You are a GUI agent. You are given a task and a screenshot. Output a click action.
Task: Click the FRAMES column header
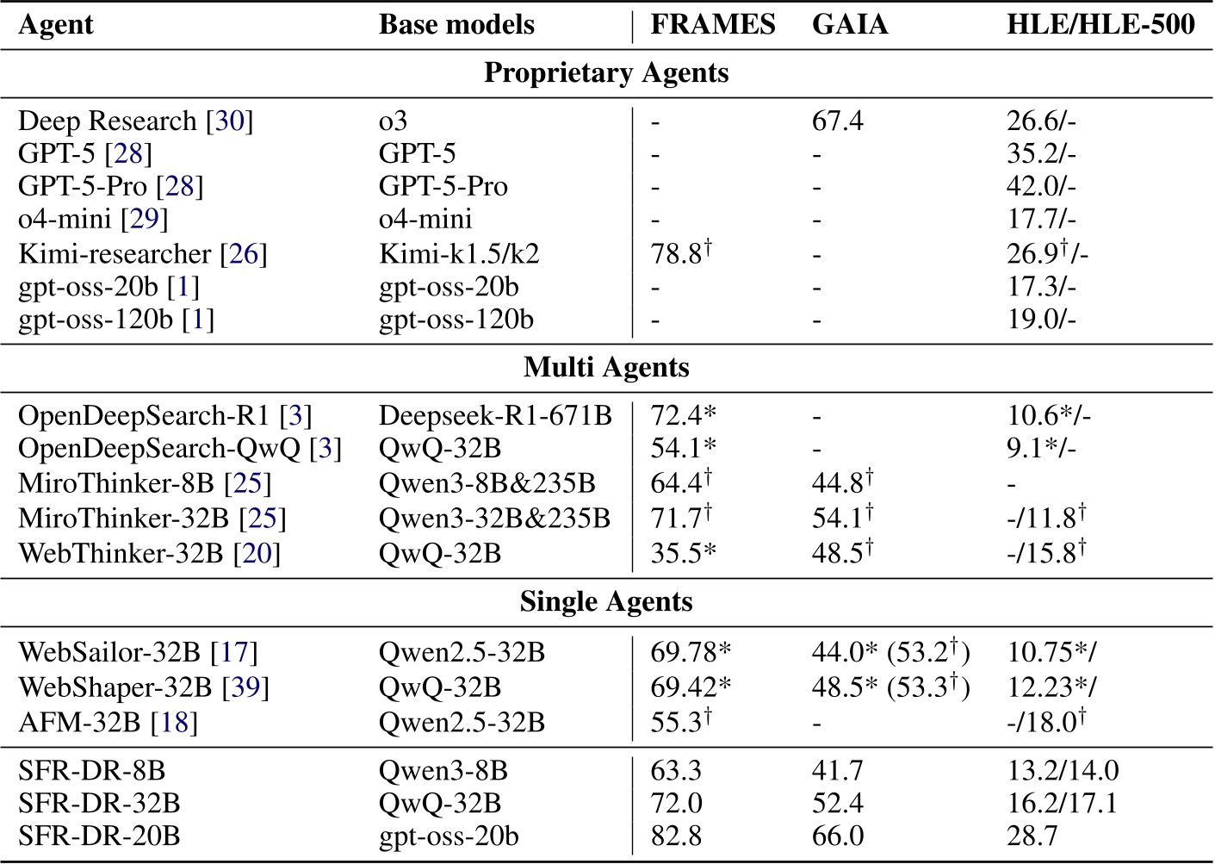(712, 25)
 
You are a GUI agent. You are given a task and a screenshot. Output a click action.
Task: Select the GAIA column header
(849, 25)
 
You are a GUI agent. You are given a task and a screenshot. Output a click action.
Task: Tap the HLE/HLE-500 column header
(1100, 25)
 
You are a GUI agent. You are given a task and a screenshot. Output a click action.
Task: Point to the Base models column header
(456, 25)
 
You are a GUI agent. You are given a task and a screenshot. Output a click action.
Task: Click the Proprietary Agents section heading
(606, 73)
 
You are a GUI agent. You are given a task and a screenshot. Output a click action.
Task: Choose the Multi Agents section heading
(606, 368)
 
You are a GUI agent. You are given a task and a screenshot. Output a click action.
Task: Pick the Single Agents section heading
(606, 601)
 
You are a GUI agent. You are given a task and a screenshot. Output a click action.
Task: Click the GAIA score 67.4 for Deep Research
(837, 121)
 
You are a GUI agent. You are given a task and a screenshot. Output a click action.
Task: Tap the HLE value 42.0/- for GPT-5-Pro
(1041, 187)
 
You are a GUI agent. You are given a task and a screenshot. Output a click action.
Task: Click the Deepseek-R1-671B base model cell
(495, 416)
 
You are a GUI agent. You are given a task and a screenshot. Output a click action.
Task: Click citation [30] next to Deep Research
(229, 121)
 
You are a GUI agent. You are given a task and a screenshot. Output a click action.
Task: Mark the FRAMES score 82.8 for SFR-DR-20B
(676, 836)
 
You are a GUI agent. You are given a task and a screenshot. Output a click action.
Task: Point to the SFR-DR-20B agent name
(99, 836)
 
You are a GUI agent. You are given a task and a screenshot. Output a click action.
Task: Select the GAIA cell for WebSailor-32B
(890, 652)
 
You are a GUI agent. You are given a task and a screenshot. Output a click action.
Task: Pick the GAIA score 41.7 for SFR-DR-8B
(837, 770)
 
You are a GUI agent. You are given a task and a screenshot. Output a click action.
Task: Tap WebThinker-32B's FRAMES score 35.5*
(683, 553)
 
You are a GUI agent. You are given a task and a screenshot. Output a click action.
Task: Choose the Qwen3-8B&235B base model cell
(487, 484)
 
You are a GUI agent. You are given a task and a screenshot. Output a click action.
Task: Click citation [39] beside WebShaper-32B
(245, 687)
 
